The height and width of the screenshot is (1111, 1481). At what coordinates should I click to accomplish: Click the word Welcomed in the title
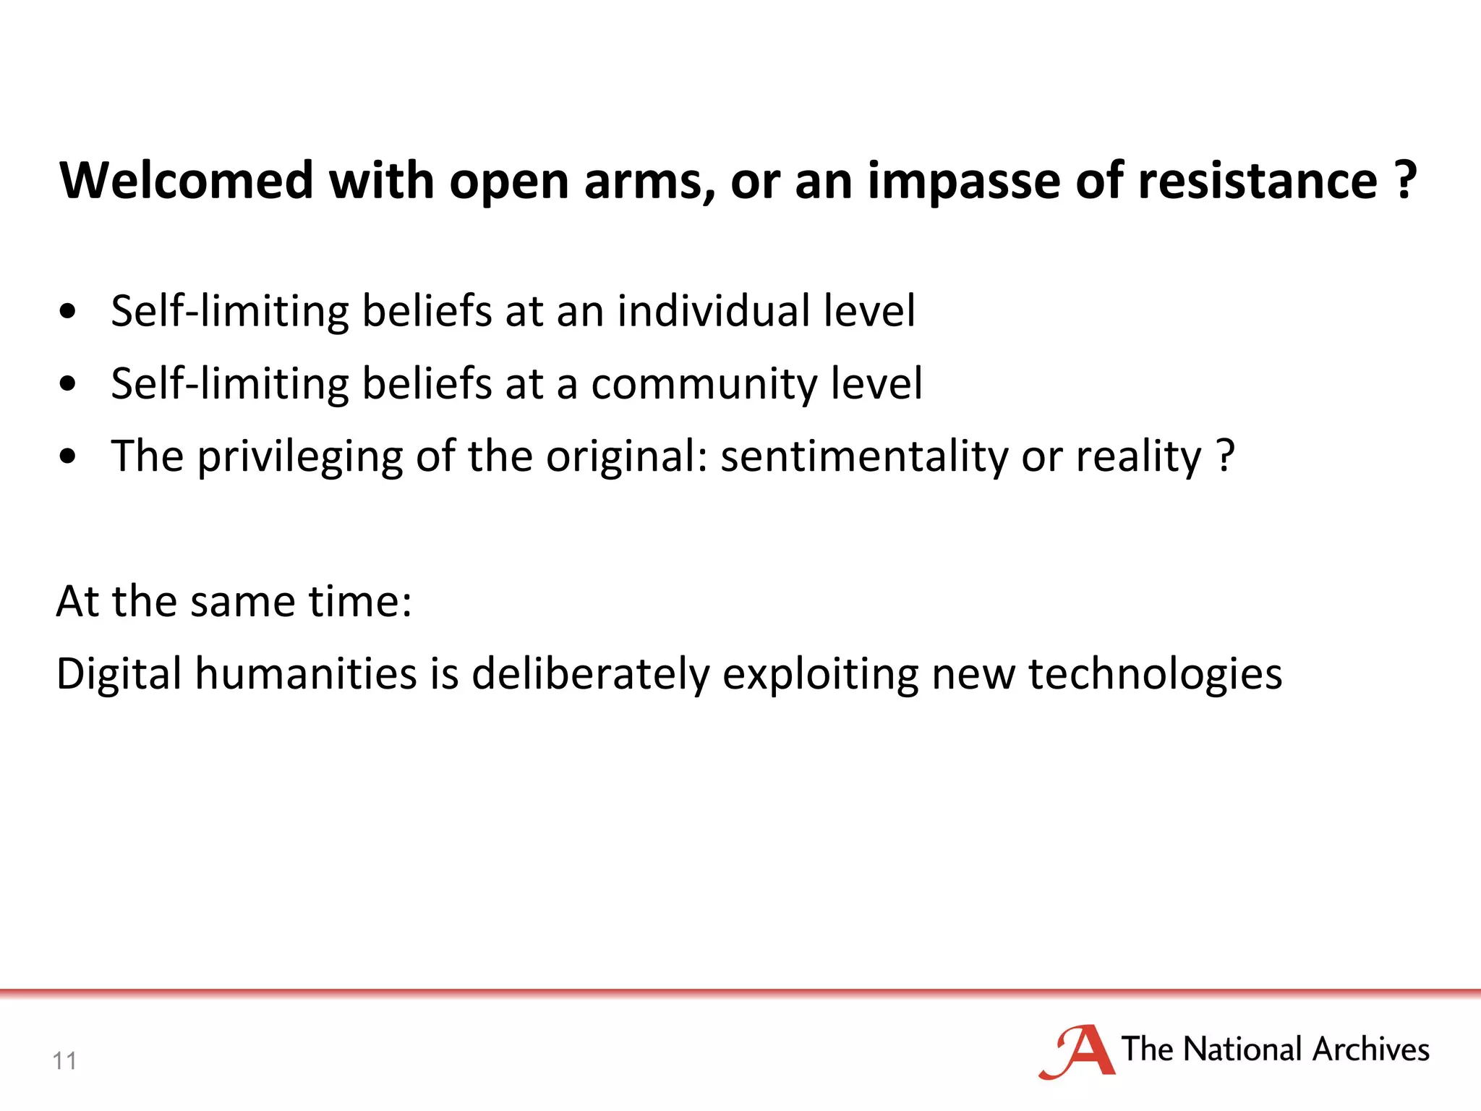tap(187, 180)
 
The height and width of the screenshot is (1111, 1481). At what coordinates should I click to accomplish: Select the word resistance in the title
tap(1258, 180)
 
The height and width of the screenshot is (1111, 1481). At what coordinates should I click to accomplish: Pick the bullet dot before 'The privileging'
tap(68, 457)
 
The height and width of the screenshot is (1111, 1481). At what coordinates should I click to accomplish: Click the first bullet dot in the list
tap(68, 312)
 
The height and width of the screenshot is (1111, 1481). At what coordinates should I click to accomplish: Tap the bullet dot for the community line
tap(68, 384)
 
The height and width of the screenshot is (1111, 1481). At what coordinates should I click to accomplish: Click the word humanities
tap(306, 673)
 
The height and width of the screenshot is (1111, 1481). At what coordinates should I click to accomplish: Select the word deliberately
tap(591, 673)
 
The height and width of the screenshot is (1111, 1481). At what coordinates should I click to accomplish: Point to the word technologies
tap(1155, 673)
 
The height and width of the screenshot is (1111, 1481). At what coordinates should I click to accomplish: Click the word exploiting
tap(820, 673)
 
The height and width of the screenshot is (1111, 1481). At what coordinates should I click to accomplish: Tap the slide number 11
tap(64, 1061)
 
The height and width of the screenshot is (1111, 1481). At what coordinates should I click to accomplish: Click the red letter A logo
tap(1077, 1052)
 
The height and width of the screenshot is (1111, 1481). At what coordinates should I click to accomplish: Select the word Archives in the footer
tap(1371, 1049)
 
